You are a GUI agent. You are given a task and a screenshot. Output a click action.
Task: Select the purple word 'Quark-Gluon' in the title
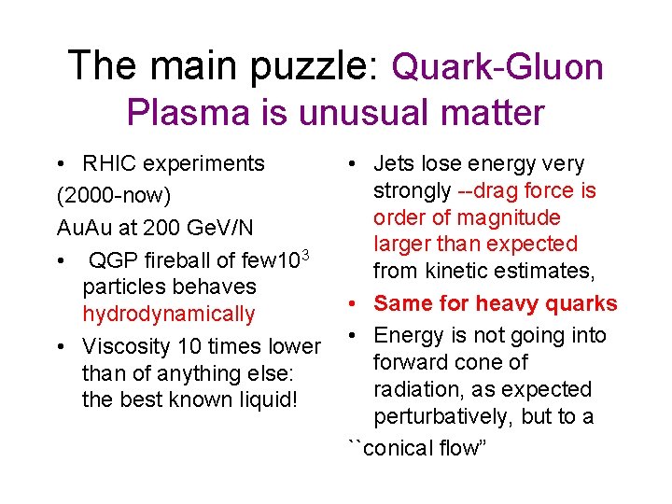tap(497, 66)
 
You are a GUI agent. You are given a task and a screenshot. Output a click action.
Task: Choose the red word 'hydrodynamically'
tap(168, 314)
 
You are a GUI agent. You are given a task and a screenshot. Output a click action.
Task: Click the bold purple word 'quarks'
tap(579, 303)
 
